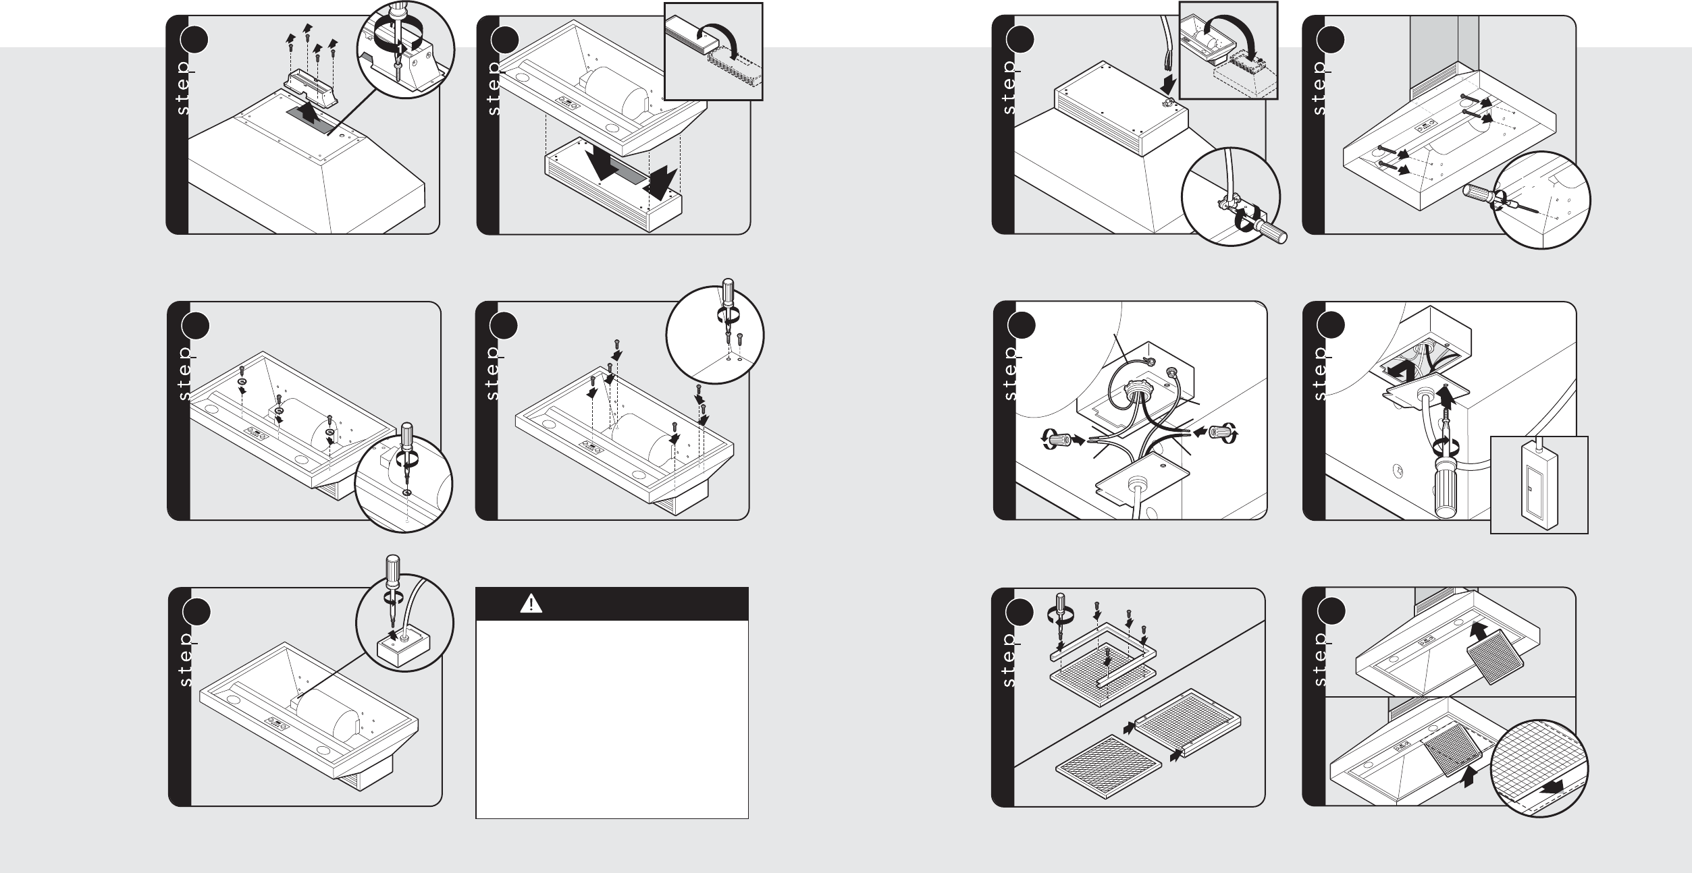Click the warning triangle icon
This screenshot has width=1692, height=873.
[531, 604]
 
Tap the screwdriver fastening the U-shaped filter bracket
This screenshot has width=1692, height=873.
[1061, 619]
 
